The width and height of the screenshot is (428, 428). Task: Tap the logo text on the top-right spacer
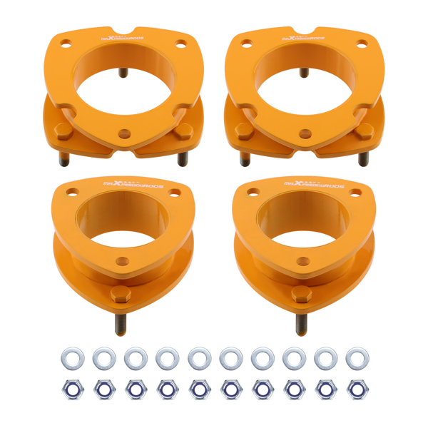tap(306, 37)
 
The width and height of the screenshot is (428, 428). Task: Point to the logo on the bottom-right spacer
tap(305, 184)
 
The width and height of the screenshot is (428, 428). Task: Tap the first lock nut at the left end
tap(71, 389)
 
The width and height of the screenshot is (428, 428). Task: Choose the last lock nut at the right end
tap(356, 389)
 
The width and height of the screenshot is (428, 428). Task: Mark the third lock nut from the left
tap(135, 389)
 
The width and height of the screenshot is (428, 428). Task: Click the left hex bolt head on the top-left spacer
tap(63, 131)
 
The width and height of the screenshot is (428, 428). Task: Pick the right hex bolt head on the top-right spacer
tap(367, 131)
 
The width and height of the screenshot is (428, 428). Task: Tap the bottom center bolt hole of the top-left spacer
tap(125, 133)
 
